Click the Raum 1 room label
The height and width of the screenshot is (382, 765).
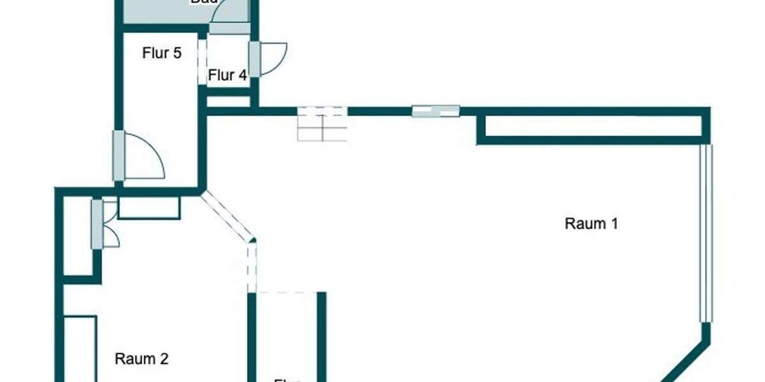[592, 223]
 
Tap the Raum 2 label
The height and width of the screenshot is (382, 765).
[142, 359]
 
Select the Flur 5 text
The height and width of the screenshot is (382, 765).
[162, 53]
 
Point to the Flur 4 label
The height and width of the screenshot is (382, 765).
[228, 75]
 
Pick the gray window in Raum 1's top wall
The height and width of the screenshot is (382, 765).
[435, 111]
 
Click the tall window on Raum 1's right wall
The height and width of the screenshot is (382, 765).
[704, 232]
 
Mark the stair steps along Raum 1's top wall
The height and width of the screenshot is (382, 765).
[323, 124]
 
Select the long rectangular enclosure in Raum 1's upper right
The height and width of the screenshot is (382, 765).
[593, 127]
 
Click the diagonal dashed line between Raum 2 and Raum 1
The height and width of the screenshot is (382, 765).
[226, 216]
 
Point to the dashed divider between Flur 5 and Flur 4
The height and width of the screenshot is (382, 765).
[201, 62]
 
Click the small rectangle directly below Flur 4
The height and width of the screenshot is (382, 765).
[228, 101]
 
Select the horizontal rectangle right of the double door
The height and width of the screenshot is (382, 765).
[149, 208]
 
